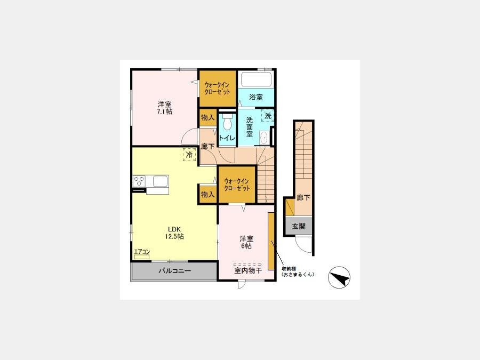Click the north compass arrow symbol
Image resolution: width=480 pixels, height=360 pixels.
(339, 278)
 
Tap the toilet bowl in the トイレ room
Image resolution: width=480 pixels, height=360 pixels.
(227, 123)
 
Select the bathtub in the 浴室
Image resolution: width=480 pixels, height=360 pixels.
(256, 79)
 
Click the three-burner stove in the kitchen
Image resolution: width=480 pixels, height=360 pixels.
(139, 181)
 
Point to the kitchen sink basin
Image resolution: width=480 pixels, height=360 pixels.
(161, 181)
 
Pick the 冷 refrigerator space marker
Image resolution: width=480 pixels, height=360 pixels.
(189, 154)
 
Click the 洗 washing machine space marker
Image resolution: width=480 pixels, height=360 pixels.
(268, 116)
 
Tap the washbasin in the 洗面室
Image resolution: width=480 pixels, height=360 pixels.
(264, 138)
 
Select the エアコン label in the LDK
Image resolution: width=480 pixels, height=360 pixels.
(142, 252)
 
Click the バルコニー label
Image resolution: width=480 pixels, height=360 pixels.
(174, 270)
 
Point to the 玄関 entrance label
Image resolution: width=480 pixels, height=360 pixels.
(299, 226)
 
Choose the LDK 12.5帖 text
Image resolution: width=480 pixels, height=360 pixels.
(174, 233)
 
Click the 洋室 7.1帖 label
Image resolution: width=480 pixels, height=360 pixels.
(164, 108)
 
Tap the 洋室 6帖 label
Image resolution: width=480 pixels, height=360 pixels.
(246, 242)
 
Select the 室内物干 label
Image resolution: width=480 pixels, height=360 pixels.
(248, 270)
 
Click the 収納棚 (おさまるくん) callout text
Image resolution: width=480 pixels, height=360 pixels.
(298, 272)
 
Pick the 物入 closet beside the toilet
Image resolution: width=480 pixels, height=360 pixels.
(208, 117)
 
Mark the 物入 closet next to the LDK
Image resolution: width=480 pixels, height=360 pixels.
(208, 194)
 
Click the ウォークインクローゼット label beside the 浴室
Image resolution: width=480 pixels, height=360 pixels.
(218, 88)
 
